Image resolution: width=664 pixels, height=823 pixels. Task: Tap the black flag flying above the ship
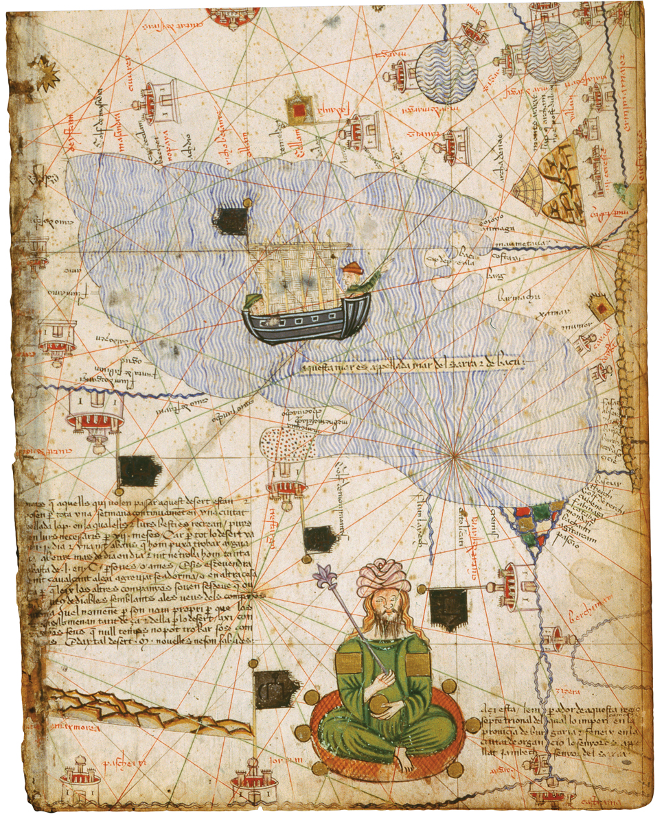(x=232, y=219)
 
